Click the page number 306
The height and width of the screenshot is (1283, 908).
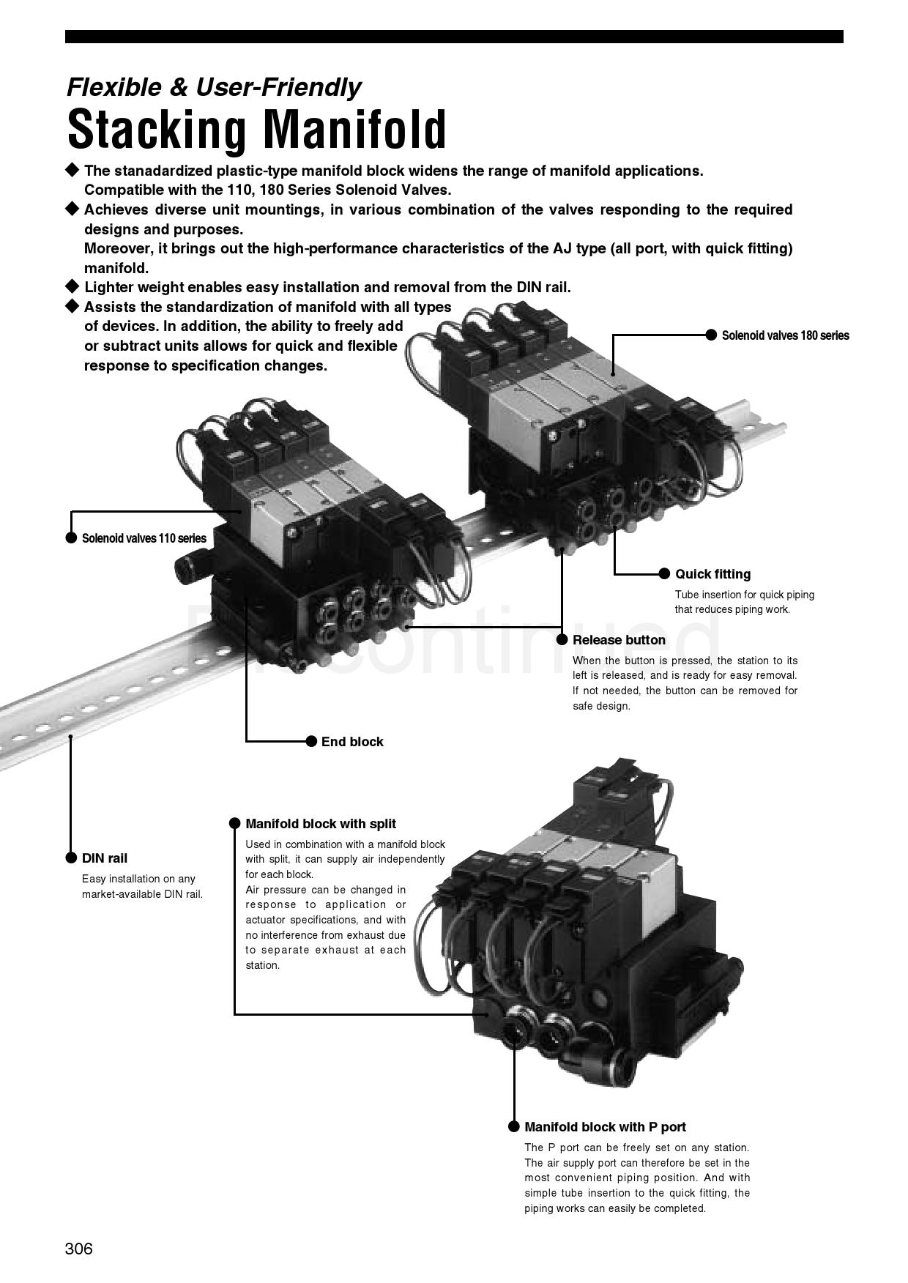coord(79,1249)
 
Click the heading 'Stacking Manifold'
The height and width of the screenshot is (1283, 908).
coord(256,130)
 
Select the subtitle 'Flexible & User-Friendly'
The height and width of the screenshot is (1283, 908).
coord(214,87)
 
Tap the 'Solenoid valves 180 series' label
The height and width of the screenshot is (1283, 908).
coord(786,335)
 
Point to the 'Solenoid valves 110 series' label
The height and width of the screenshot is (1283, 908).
coord(144,538)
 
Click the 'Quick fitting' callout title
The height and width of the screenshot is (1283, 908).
coord(713,574)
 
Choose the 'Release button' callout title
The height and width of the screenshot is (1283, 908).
coord(619,640)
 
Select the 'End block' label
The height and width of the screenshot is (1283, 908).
coord(352,742)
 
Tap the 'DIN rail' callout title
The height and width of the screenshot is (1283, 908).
coord(105,858)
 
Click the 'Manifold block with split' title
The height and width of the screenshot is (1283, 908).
coord(321,824)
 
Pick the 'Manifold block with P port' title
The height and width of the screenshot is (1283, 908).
coord(606,1127)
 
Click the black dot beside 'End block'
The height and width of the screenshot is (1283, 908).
coord(311,742)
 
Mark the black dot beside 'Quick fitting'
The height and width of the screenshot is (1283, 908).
coord(665,573)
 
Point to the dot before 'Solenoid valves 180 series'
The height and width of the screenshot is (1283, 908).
coord(711,335)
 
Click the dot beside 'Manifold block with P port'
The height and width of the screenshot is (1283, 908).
coord(514,1126)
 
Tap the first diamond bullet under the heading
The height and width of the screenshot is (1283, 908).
coord(72,170)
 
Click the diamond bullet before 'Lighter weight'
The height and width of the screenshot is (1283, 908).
coord(72,286)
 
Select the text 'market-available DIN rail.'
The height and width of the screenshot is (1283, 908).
coord(142,894)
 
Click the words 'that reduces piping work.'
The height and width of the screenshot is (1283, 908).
coord(732,609)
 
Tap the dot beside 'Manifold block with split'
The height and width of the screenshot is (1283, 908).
coord(235,823)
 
